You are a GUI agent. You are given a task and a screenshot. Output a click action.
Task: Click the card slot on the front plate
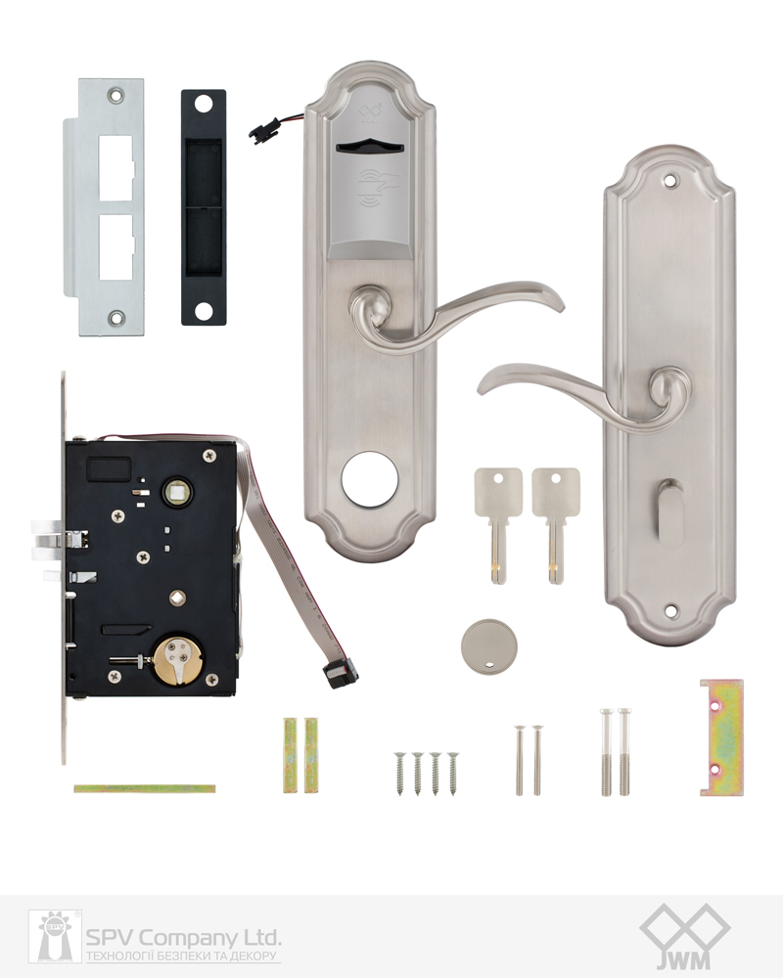368,148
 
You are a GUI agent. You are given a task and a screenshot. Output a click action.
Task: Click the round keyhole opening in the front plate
369,479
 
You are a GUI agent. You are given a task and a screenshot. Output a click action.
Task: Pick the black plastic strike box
204,207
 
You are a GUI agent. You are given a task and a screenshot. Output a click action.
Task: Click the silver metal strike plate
104,206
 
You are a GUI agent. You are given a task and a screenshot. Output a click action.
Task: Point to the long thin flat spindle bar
144,789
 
